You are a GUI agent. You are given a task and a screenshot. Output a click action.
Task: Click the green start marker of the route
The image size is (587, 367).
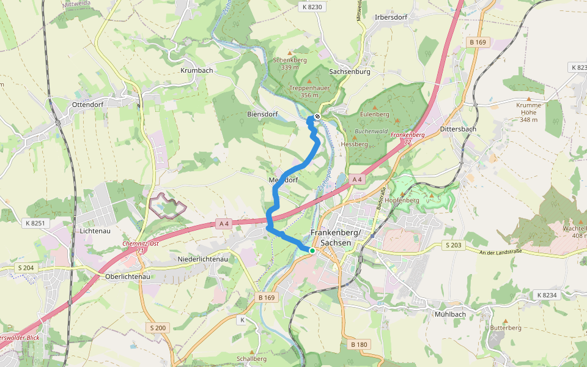[312, 251]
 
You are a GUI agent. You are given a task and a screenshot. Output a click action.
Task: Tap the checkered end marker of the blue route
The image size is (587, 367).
[317, 117]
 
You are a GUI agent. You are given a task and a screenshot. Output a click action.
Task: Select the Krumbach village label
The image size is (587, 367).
[197, 71]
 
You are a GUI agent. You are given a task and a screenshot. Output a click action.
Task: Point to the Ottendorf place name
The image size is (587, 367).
[89, 104]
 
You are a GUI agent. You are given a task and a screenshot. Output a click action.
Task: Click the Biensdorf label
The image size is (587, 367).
[262, 114]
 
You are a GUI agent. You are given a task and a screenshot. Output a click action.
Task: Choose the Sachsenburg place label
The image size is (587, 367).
[350, 72]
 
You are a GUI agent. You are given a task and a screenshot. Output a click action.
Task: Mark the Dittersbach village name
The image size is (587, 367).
[458, 130]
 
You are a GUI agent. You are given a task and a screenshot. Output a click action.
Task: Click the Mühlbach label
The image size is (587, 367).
[450, 314]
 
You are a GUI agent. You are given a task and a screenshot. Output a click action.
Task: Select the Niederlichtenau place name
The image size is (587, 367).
[202, 259]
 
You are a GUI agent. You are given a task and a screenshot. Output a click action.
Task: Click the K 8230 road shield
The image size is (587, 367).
[311, 7]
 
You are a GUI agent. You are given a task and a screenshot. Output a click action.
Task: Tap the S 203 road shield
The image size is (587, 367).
[453, 245]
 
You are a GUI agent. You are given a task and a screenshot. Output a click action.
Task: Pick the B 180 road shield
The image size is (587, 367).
[360, 345]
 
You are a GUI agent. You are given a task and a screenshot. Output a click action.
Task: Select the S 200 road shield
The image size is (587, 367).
[157, 328]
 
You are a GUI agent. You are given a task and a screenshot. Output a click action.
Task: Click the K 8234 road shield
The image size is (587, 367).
[547, 295]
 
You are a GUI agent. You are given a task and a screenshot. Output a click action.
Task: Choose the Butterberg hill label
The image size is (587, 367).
[506, 328]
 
